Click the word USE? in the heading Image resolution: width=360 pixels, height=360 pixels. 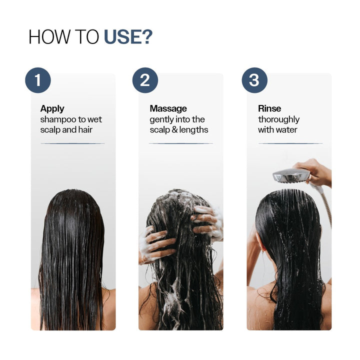pyautogui.click(x=128, y=37)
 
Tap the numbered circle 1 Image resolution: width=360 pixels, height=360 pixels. pyautogui.click(x=38, y=80)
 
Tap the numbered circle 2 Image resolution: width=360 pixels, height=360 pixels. pyautogui.click(x=145, y=80)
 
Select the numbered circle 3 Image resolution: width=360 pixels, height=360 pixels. pyautogui.click(x=254, y=80)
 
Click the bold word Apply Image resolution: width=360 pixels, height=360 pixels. pyautogui.click(x=52, y=108)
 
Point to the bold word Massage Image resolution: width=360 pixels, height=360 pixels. pyautogui.click(x=168, y=108)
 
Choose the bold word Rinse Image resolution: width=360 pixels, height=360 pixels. pyautogui.click(x=269, y=108)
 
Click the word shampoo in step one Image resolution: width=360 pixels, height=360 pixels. pyautogui.click(x=58, y=119)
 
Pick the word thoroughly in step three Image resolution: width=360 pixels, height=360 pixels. pyautogui.click(x=278, y=119)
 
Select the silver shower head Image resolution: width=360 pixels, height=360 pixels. pyautogui.click(x=291, y=175)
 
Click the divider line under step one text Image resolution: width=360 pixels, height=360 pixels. pyautogui.click(x=72, y=143)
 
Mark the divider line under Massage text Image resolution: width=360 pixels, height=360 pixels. pyautogui.click(x=180, y=143)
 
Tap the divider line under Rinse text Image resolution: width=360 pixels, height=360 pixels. pyautogui.click(x=290, y=143)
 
